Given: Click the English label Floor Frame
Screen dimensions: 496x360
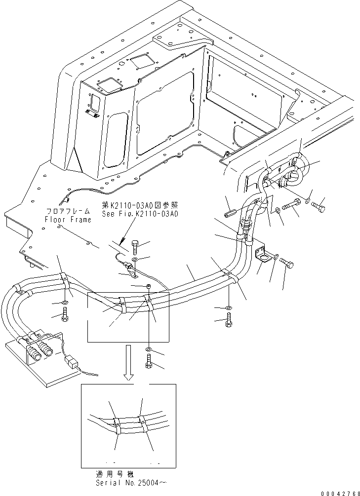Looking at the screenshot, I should (68, 220).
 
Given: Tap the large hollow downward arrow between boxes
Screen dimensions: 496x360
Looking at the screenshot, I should (128, 363).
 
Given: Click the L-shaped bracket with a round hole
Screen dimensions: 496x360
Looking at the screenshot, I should (262, 255).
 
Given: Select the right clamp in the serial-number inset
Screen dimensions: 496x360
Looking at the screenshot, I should (143, 423).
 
